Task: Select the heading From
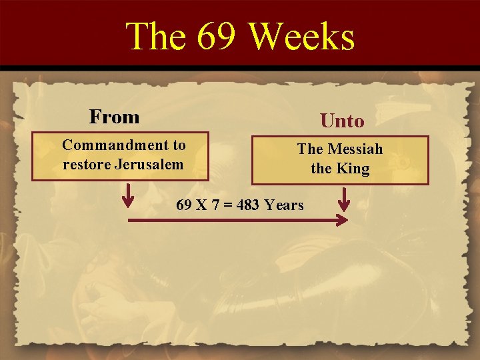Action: pyautogui.click(x=115, y=117)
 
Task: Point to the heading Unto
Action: pyautogui.click(x=342, y=121)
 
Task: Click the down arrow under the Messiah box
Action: pyautogui.click(x=345, y=199)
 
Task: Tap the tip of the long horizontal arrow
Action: pyautogui.click(x=348, y=220)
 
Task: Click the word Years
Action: pyautogui.click(x=284, y=205)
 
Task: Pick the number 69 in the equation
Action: pyautogui.click(x=184, y=205)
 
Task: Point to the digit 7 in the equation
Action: pyautogui.click(x=215, y=205)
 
